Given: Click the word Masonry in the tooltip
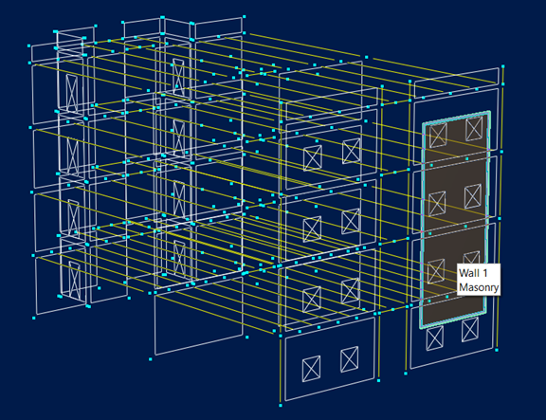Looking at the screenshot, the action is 479,287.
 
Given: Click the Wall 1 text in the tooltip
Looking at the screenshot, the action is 473,273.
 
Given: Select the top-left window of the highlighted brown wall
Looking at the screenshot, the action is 438,136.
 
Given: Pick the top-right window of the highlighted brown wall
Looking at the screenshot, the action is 474,128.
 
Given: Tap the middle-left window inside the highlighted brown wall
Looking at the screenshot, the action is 437,204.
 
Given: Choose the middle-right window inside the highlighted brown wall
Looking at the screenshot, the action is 473,196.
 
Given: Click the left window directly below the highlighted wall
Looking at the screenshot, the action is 435,338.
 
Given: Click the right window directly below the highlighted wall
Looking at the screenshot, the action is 470,330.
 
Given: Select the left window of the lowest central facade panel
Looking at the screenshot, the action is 311,369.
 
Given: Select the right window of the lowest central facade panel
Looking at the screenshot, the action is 349,359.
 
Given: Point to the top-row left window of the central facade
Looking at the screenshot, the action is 313,158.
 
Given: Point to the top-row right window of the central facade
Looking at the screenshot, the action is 351,151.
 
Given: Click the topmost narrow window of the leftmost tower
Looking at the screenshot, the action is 72,93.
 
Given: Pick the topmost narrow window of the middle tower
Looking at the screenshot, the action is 178,78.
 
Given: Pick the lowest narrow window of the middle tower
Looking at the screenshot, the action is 180,257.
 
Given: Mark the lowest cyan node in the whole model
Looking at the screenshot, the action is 281,405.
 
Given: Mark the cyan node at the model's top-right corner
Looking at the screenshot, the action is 503,66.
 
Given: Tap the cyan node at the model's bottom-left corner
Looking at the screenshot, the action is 34,318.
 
